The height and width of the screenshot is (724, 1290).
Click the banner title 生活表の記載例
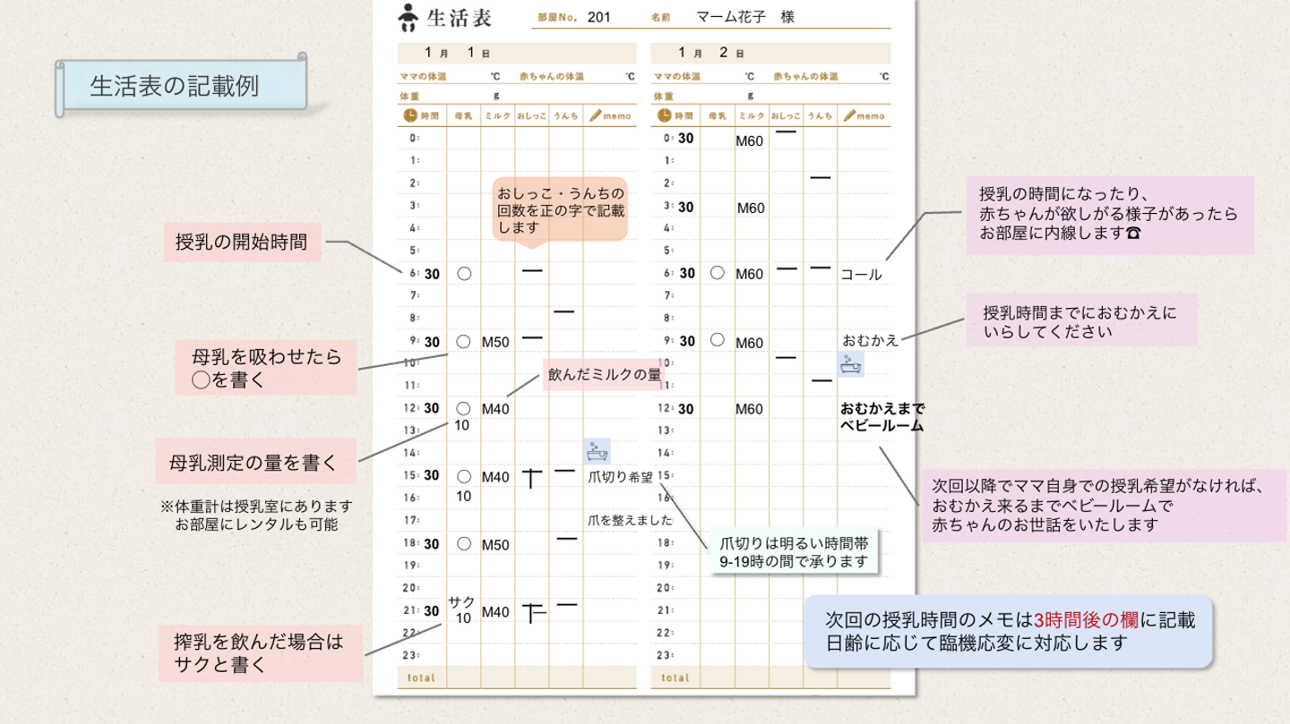pyautogui.click(x=174, y=86)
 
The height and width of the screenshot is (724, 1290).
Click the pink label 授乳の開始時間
pyautogui.click(x=242, y=242)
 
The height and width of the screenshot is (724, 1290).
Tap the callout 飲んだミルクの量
pyautogui.click(x=604, y=375)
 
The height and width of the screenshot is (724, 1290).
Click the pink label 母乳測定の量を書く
pyautogui.click(x=255, y=463)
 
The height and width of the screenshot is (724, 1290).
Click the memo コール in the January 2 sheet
pyautogui.click(x=861, y=275)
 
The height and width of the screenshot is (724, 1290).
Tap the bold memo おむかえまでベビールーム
pyautogui.click(x=881, y=417)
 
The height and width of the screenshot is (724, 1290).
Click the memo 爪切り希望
pyautogui.click(x=620, y=477)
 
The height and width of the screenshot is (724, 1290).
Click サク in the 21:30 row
pyautogui.click(x=462, y=601)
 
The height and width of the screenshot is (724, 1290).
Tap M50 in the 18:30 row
pyautogui.click(x=495, y=545)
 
